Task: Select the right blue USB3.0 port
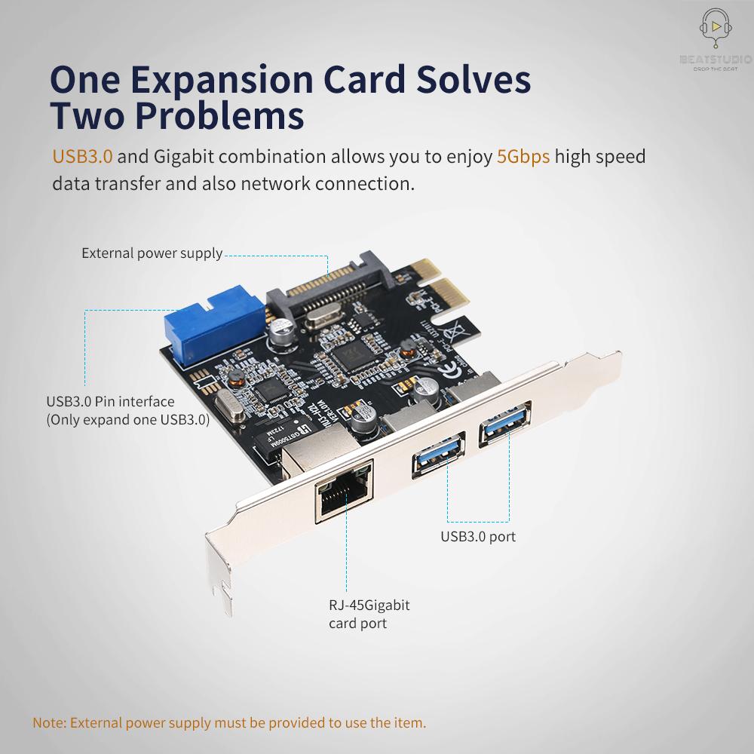point(504,429)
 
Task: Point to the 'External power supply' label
point(152,253)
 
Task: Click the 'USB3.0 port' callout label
point(478,537)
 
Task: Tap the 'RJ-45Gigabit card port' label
point(369,614)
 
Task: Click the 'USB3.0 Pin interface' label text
point(110,402)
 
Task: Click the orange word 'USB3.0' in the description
point(82,157)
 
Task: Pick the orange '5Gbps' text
point(523,157)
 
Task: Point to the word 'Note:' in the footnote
point(50,722)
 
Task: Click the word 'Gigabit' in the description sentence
point(188,157)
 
